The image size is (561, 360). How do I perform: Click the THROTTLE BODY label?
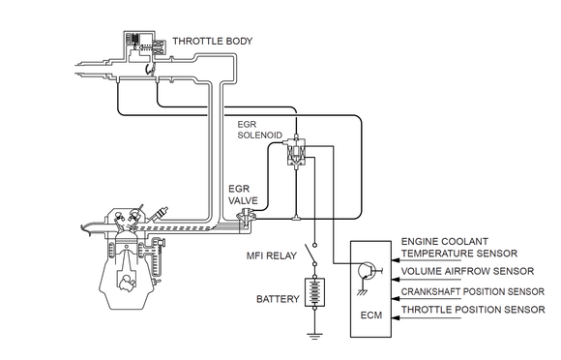(213, 42)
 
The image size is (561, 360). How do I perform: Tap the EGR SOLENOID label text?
(260, 130)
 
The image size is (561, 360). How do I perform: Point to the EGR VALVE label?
(243, 195)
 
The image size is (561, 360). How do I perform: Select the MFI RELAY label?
(272, 255)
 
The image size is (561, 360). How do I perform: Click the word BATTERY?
(278, 299)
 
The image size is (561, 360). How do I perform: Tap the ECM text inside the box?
(371, 315)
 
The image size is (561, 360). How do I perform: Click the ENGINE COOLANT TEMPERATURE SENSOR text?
(459, 248)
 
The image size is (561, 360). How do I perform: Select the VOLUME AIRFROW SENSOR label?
(467, 271)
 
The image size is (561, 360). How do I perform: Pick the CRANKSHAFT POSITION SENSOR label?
(473, 291)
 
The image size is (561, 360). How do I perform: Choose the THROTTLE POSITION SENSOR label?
(473, 309)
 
